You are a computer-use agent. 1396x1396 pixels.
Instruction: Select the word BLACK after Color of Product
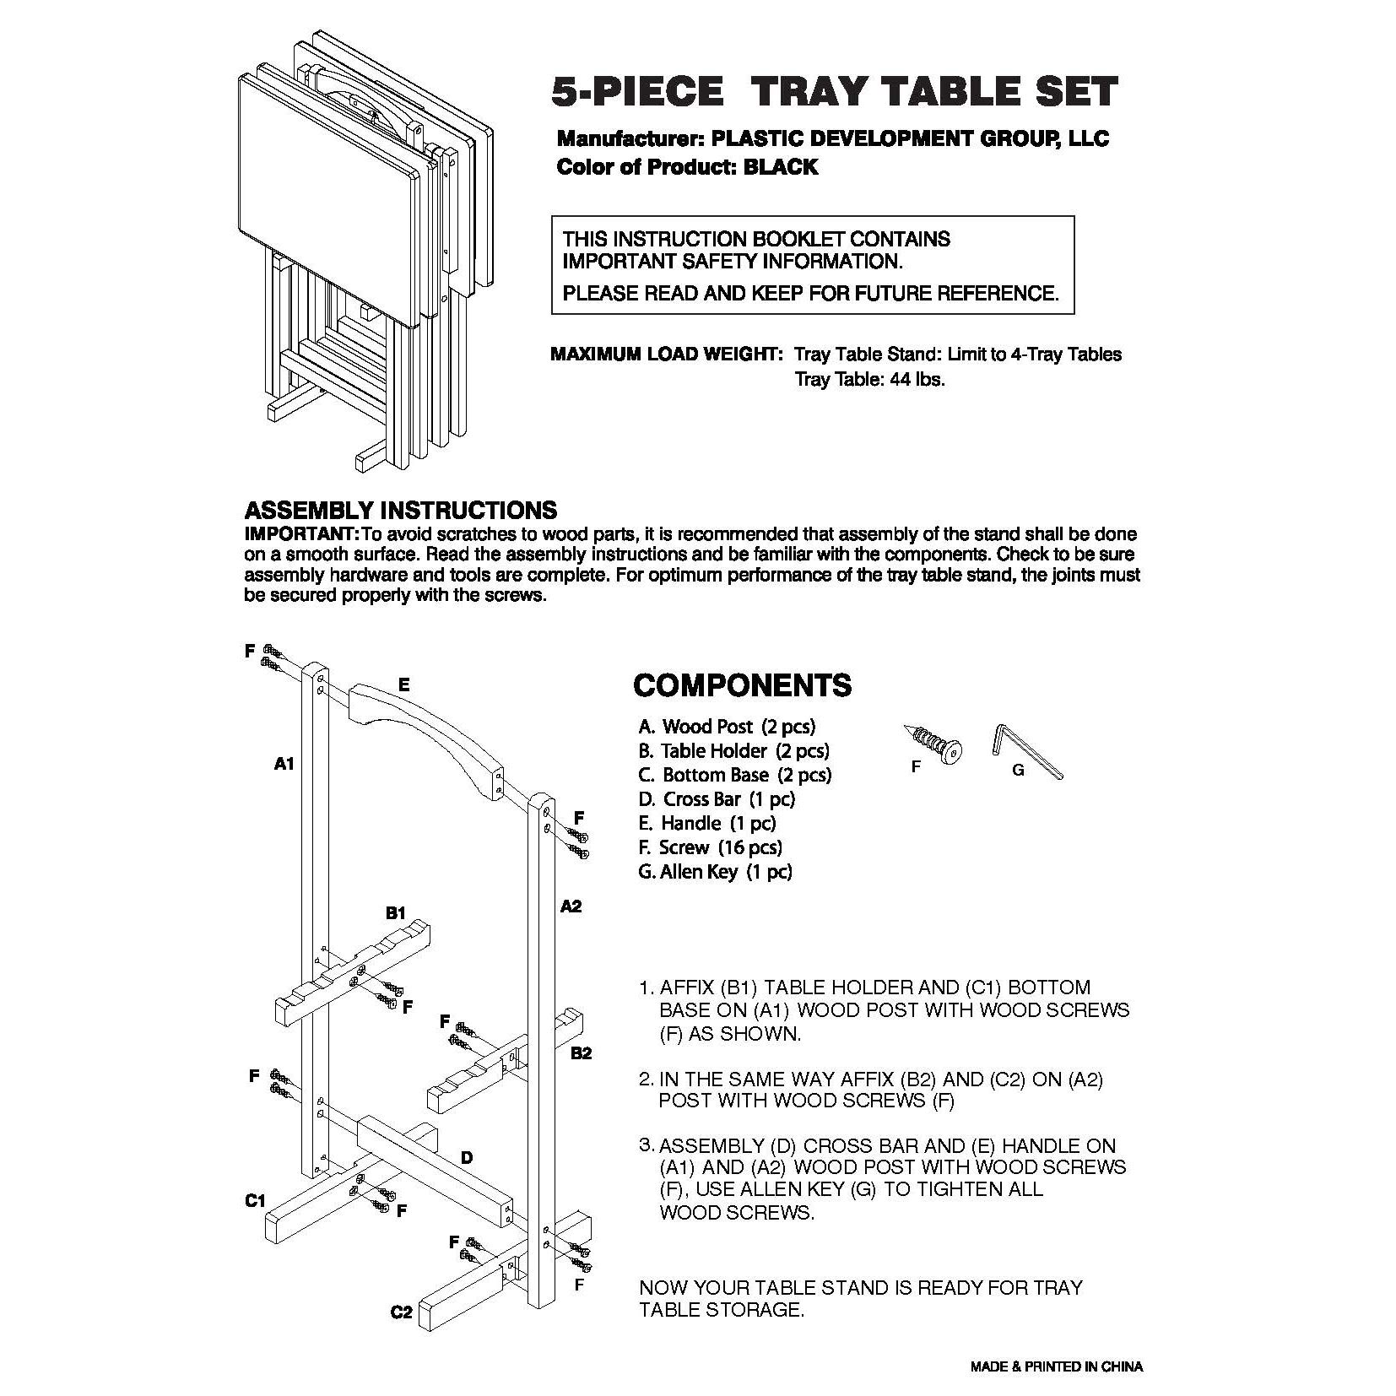pyautogui.click(x=780, y=166)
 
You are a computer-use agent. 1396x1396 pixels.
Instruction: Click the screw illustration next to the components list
pyautogui.click(x=933, y=742)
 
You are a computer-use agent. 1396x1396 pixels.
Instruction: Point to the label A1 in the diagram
pyautogui.click(x=284, y=763)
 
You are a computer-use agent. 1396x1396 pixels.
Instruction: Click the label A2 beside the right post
pyautogui.click(x=571, y=906)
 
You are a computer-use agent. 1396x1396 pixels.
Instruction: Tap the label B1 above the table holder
pyautogui.click(x=396, y=912)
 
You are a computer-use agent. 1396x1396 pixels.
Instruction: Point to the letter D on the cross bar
pyautogui.click(x=466, y=1158)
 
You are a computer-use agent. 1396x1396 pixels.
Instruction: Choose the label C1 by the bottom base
pyautogui.click(x=256, y=1199)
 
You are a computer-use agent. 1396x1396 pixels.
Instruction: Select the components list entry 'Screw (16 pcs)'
pyautogui.click(x=710, y=847)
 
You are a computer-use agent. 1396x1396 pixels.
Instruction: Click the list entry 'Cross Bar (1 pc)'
pyautogui.click(x=717, y=798)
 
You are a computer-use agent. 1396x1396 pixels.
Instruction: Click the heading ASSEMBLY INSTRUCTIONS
pyautogui.click(x=400, y=510)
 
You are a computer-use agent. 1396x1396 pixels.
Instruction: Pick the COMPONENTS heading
pyautogui.click(x=742, y=685)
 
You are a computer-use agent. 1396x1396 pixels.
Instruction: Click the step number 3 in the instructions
pyautogui.click(x=646, y=1144)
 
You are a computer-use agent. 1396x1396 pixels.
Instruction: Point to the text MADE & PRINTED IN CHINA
pyautogui.click(x=1056, y=1366)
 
